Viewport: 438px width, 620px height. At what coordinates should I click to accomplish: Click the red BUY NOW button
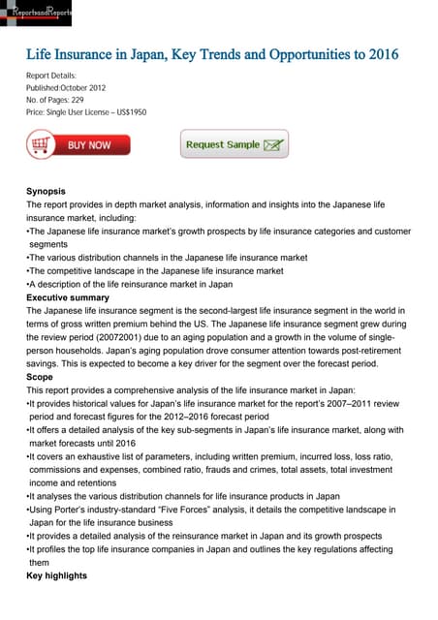point(71,145)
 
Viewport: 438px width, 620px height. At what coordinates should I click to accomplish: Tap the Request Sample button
point(234,144)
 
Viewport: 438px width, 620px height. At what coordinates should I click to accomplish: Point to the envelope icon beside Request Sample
point(274,145)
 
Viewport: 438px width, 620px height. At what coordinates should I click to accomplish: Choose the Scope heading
point(40,378)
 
